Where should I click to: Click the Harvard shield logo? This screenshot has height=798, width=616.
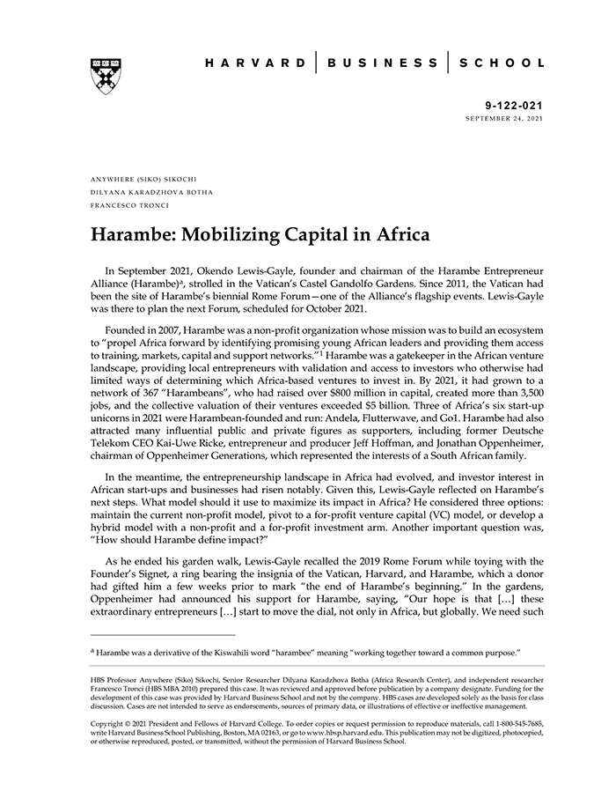(x=106, y=76)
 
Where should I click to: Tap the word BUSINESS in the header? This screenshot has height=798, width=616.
(x=382, y=63)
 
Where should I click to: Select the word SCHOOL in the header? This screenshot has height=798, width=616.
(x=501, y=63)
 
